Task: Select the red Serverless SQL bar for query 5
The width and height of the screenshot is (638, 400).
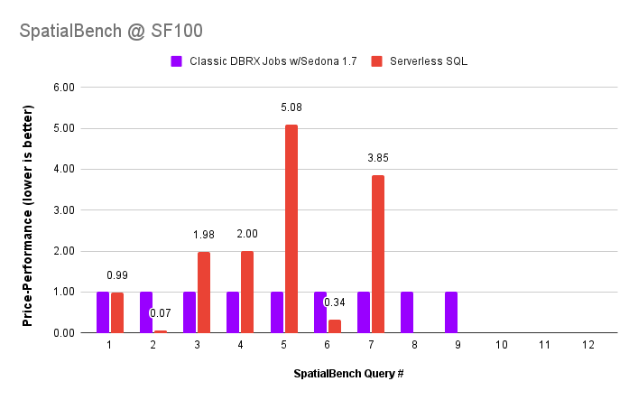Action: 291,228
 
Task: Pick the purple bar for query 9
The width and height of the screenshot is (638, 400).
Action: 450,312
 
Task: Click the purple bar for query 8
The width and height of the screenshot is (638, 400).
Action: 407,312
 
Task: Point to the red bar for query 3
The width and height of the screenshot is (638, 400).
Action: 204,292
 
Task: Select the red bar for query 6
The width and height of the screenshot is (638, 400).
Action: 335,326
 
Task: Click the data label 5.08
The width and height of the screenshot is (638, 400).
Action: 291,107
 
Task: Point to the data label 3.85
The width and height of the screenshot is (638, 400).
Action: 378,158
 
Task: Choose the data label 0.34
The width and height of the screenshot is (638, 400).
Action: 335,302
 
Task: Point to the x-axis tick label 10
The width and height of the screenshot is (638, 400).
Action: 501,345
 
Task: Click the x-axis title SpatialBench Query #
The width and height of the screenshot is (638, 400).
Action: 347,373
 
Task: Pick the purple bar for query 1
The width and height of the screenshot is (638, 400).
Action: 103,312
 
